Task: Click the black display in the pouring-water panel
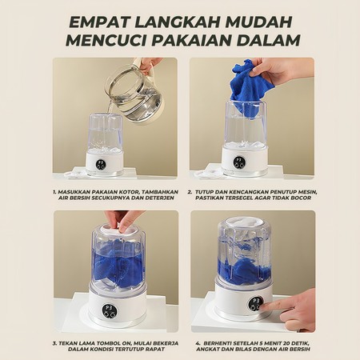pos(100,161)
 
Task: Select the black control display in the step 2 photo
pos(238,162)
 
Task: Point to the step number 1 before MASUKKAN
pos(54,193)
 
